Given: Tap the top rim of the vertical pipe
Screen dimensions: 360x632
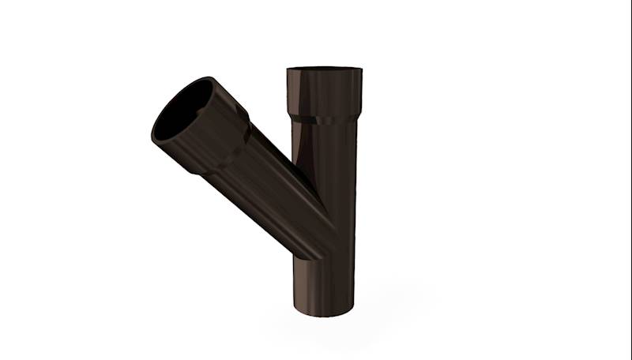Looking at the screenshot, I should (324, 69).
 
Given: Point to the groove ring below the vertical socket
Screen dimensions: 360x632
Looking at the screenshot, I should (324, 120).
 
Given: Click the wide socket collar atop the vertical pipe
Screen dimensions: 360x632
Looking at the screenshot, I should (324, 93).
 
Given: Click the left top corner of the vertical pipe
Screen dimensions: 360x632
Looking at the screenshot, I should (287, 70).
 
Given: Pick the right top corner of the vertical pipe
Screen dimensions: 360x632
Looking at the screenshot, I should (362, 70).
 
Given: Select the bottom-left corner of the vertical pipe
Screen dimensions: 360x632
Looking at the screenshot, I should (293, 309).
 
